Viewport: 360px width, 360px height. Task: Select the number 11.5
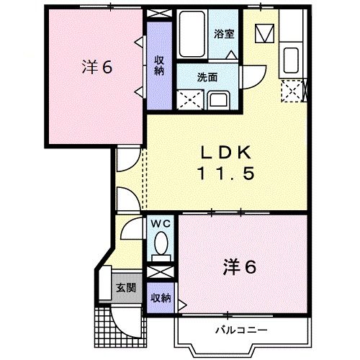[x=225, y=174]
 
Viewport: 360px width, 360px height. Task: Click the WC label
[x=160, y=223]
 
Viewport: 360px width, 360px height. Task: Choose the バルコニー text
[x=240, y=330]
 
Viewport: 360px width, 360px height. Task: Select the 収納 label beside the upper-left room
[x=159, y=66]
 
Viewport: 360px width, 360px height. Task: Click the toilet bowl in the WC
[x=161, y=242]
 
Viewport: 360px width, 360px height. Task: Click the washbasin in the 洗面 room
[x=219, y=101]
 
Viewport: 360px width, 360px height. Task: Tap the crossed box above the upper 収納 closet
[x=159, y=14]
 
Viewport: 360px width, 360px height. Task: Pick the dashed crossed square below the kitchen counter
[x=292, y=91]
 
